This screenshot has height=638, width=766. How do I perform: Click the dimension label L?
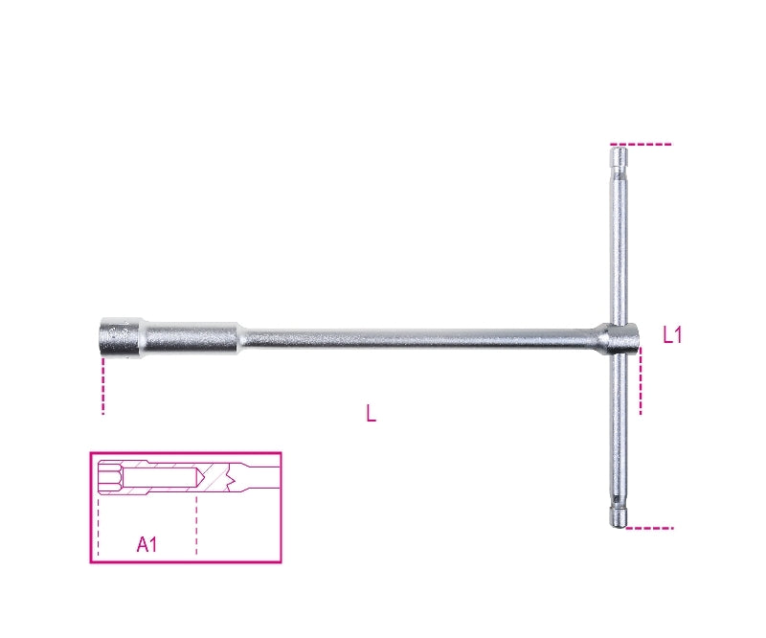point(371,414)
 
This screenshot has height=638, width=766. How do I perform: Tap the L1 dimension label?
point(672,334)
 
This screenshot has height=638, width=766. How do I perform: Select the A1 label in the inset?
point(146,544)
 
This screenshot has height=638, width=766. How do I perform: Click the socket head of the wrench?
point(120,336)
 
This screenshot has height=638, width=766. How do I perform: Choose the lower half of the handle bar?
point(620,431)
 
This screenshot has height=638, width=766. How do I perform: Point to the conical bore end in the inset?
point(199,477)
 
